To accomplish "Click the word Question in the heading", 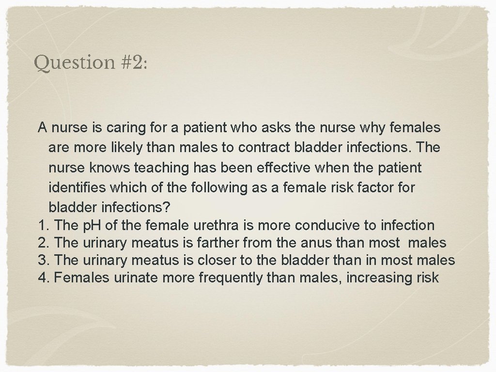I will (73, 63).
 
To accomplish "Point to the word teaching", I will (163, 168).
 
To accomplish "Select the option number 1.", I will (43, 225).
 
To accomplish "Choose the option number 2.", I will (43, 242).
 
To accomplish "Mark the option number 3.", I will (43, 260).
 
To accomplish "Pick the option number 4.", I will (43, 278).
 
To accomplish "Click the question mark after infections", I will (166, 207).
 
